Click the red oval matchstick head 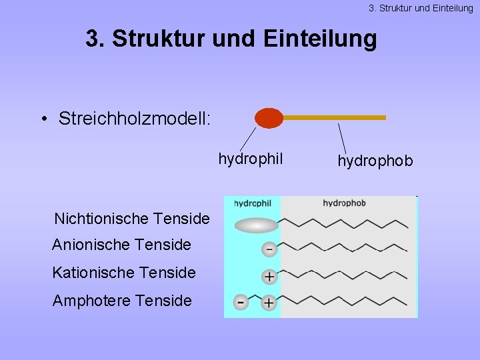click(x=269, y=118)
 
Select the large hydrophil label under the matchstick click(x=251, y=159)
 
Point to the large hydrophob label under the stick click(x=375, y=161)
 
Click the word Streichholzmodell click(x=135, y=119)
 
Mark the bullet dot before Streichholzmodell click(x=43, y=120)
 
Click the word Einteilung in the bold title click(x=320, y=39)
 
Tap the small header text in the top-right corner click(x=421, y=8)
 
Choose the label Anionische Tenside click(x=121, y=245)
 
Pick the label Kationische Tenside click(x=124, y=273)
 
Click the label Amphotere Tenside click(x=122, y=301)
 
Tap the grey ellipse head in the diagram click(x=257, y=225)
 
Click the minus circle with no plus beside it click(x=269, y=249)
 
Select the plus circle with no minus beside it click(x=269, y=276)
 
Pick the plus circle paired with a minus click(x=269, y=303)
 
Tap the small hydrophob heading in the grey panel click(x=344, y=203)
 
